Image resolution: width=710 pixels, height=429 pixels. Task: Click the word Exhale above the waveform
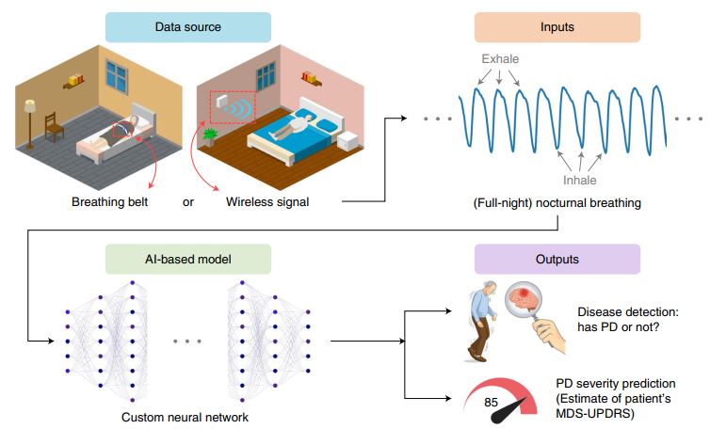(500, 59)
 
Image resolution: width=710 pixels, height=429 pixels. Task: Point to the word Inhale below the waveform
(580, 180)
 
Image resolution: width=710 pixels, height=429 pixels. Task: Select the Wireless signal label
(267, 201)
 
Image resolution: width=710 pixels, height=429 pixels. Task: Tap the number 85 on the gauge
(492, 402)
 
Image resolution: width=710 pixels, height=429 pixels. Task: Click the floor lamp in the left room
(30, 118)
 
